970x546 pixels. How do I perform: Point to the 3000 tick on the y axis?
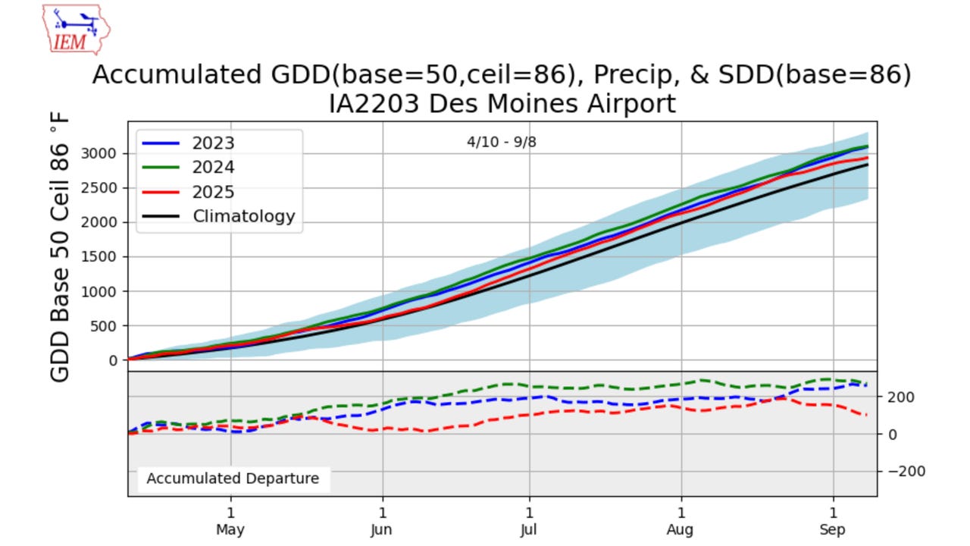pos(102,153)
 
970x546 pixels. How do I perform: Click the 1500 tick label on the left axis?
pos(102,257)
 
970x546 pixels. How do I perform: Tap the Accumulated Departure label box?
pos(233,479)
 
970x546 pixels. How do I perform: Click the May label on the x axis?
pos(230,530)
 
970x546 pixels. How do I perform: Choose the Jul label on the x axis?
pos(529,530)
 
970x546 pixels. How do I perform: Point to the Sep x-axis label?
pos(834,530)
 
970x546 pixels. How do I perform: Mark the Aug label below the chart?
pos(681,530)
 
